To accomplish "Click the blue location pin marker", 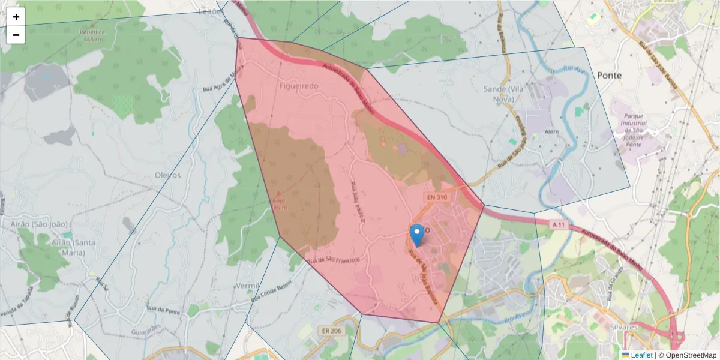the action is click(416, 235).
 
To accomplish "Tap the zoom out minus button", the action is click(16, 35).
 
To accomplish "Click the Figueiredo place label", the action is click(299, 86).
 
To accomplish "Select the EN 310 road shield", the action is click(439, 197).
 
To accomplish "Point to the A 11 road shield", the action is click(558, 224).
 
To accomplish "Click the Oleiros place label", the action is click(167, 175).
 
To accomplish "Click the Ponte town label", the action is click(609, 75).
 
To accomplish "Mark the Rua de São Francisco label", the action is click(333, 260).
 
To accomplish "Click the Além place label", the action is click(535, 131).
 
